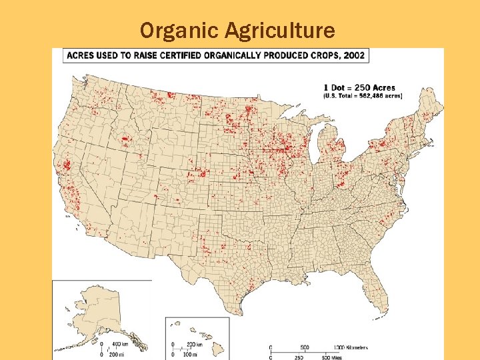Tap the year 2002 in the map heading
point(353,55)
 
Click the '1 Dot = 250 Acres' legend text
point(359,87)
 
